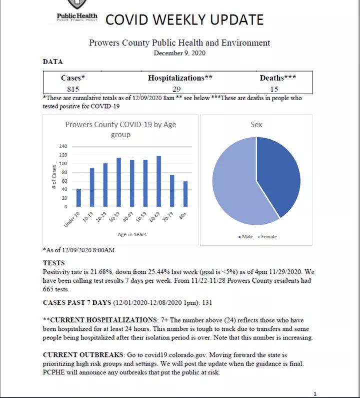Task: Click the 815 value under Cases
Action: click(x=73, y=89)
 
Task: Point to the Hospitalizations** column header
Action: click(x=180, y=78)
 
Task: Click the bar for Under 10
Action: click(x=78, y=198)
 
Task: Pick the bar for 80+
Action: click(x=186, y=194)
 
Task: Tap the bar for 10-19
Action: click(x=92, y=187)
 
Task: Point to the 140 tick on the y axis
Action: click(x=63, y=146)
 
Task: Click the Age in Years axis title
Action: click(x=132, y=234)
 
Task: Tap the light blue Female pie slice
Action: click(x=235, y=185)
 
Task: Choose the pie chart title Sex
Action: click(x=256, y=124)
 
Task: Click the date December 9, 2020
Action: click(x=179, y=53)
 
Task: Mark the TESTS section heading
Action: click(x=53, y=262)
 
